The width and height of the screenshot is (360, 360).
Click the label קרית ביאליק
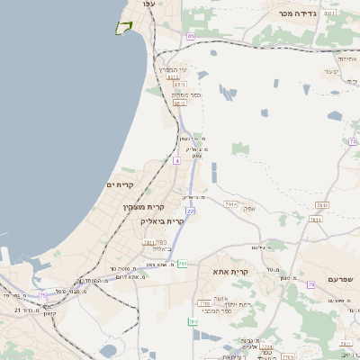(x=162, y=220)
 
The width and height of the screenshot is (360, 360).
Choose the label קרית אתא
(x=229, y=271)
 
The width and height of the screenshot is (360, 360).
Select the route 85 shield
(x=191, y=36)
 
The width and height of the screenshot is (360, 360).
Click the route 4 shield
(x=177, y=160)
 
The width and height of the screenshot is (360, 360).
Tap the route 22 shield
(x=190, y=211)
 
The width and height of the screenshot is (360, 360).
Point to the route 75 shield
(x=43, y=295)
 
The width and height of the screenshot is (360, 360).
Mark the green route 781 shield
(x=183, y=263)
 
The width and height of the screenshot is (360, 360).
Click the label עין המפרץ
(x=172, y=69)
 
